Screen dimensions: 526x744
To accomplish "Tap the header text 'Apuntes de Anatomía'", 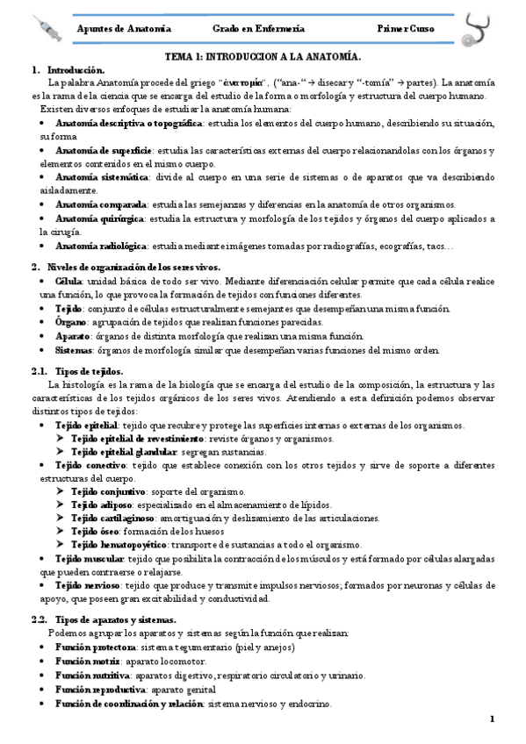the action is pyautogui.click(x=124, y=29).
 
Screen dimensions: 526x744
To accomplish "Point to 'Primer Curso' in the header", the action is pyautogui.click(x=406, y=29).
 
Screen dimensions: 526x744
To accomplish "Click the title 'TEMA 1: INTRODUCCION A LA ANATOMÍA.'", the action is pyautogui.click(x=263, y=56).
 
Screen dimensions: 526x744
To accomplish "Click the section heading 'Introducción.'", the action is pyautogui.click(x=76, y=69).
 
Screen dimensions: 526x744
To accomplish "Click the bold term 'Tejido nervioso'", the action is pyautogui.click(x=90, y=586).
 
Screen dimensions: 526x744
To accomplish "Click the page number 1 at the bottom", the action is pyautogui.click(x=493, y=719).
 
